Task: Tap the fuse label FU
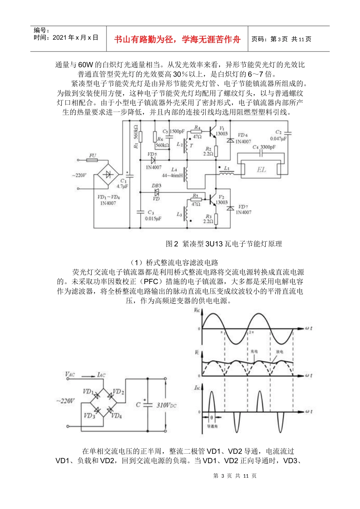[93, 155]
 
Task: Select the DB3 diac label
[157, 186]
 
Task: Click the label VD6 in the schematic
[243, 135]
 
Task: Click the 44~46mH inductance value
[172, 176]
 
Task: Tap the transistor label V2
[221, 197]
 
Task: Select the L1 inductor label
[227, 168]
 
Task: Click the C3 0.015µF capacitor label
[153, 215]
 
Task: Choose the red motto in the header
[177, 39]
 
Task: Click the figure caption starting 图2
[224, 244]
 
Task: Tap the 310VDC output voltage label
[166, 405]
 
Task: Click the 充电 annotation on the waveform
[254, 352]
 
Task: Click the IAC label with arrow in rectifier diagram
[101, 375]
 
